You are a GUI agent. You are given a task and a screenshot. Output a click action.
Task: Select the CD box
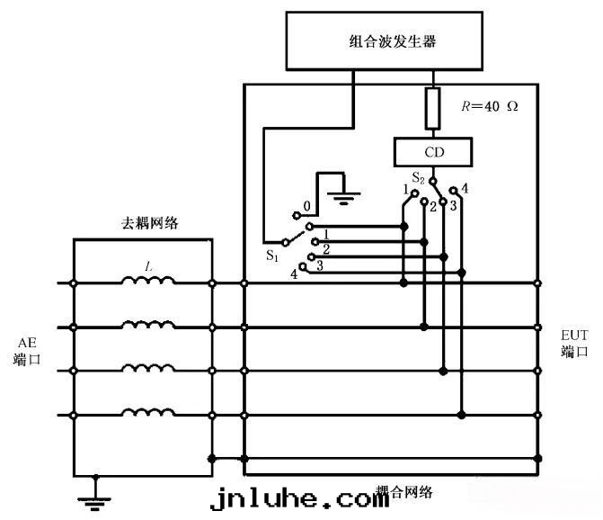coord(434,152)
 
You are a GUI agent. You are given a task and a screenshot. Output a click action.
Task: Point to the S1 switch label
coord(272,255)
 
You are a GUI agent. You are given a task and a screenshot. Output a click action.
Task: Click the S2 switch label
coord(418,176)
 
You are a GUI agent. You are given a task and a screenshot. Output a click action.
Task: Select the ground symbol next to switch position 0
coord(341,190)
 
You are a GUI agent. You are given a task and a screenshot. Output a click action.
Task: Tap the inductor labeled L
coord(148,281)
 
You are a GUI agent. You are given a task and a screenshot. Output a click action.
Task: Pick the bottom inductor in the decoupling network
coord(148,413)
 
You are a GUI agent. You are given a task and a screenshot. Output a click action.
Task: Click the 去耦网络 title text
coord(149,223)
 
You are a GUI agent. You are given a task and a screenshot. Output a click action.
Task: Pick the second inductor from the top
coord(148,325)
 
